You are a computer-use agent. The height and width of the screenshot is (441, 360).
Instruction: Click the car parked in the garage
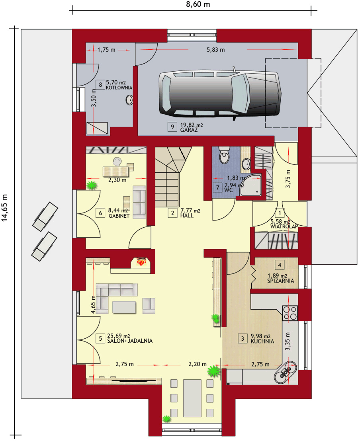click(x=220, y=94)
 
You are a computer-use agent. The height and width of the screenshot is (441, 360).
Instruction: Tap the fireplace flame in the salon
click(x=142, y=262)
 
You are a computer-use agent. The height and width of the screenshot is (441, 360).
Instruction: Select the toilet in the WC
click(x=224, y=155)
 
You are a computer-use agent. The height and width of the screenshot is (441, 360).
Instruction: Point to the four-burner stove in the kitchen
click(x=290, y=313)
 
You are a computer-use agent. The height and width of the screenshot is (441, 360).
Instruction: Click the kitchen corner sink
click(x=286, y=373)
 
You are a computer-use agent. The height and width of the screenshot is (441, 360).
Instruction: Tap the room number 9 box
click(x=172, y=127)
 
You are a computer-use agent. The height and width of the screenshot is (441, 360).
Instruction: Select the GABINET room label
click(x=119, y=216)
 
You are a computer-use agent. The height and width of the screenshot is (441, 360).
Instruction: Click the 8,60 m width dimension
click(x=198, y=4)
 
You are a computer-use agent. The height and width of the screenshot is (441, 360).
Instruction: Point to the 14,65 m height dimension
click(x=5, y=207)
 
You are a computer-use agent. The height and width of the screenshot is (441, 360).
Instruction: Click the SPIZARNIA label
click(x=281, y=281)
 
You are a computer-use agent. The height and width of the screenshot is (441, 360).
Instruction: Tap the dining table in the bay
click(x=192, y=398)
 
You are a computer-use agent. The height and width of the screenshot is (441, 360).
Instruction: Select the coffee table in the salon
click(x=124, y=307)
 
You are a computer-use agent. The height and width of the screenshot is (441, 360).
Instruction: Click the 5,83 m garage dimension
click(x=216, y=50)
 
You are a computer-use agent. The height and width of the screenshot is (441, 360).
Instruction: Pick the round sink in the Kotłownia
click(x=129, y=100)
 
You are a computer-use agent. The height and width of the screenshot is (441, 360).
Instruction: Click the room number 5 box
click(x=100, y=338)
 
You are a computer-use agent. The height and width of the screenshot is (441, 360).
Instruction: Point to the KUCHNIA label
click(x=262, y=341)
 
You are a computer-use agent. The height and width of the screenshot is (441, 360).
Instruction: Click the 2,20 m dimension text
click(x=198, y=364)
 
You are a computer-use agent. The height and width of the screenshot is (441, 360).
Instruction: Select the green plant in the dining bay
click(x=166, y=418)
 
